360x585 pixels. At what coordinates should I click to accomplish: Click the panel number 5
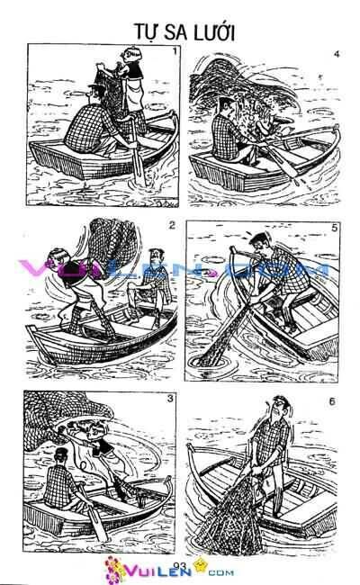(335, 229)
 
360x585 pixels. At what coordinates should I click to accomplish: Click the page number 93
(177, 565)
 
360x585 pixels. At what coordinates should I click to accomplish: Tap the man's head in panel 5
(262, 243)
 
